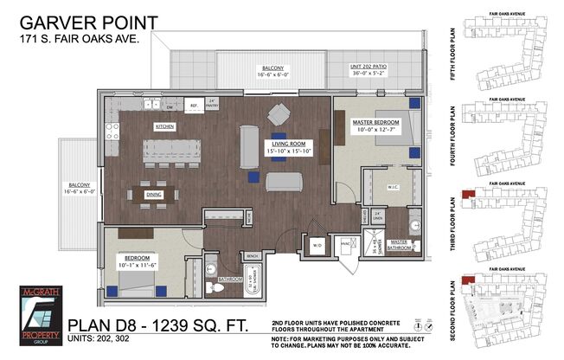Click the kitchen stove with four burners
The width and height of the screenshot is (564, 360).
click(x=112, y=131)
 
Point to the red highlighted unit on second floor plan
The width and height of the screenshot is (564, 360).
click(x=468, y=280)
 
